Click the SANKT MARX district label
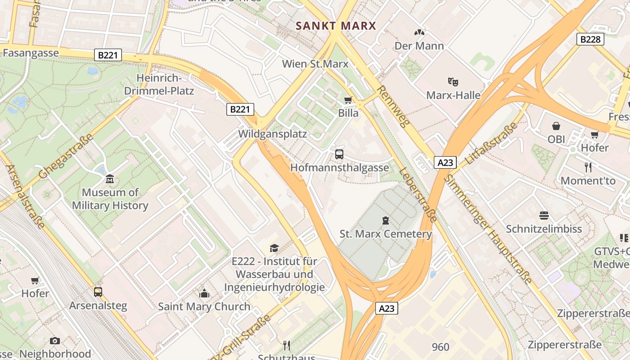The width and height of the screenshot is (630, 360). tap(336, 26)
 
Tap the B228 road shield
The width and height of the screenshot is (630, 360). tap(590, 39)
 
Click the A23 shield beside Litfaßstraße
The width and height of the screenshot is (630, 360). tap(445, 162)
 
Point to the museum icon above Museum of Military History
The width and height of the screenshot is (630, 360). tap(110, 180)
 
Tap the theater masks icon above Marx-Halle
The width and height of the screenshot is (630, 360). tap(453, 82)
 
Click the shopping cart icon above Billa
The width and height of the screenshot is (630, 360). tap(348, 100)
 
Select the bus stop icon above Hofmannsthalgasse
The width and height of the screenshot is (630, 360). tap(339, 154)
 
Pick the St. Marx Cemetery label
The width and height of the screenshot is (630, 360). tap(386, 234)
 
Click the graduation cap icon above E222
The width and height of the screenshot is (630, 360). tap(274, 248)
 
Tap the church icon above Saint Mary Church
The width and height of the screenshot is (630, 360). tap(204, 293)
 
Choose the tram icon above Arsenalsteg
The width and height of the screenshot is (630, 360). tap(98, 292)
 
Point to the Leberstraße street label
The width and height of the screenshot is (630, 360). tap(418, 195)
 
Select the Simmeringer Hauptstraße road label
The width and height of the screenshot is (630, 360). tap(488, 229)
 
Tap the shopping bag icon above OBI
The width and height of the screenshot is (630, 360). tap(556, 126)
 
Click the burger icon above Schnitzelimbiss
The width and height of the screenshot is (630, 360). tap(544, 216)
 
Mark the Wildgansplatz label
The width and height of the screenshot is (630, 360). tap(272, 134)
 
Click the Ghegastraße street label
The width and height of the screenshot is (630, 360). tap(66, 156)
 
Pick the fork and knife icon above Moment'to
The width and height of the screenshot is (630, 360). tap(588, 167)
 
